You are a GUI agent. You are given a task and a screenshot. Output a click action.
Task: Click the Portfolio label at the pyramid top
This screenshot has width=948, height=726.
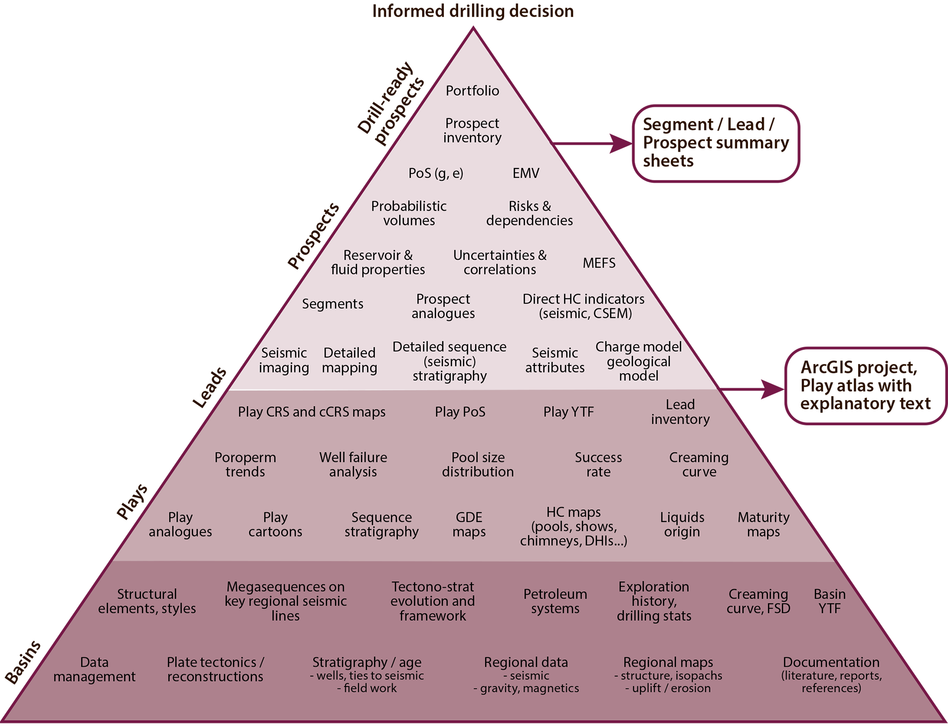(x=472, y=91)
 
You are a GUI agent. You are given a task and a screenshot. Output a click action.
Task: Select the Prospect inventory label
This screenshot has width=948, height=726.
(x=472, y=130)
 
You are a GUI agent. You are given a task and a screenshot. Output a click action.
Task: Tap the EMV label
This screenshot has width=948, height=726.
(x=526, y=173)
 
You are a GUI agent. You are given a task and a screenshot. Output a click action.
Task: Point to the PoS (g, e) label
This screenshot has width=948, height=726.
(x=435, y=173)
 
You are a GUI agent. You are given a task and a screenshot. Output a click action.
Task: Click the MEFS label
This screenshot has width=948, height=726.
(x=599, y=263)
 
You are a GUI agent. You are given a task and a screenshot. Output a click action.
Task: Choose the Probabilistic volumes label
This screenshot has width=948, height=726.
(x=409, y=213)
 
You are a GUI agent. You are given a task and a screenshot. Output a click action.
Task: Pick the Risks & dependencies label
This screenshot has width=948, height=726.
(x=529, y=213)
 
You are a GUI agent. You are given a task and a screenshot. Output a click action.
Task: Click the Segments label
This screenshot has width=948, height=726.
(x=332, y=304)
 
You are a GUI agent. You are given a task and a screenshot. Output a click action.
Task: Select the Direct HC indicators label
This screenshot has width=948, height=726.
(x=584, y=306)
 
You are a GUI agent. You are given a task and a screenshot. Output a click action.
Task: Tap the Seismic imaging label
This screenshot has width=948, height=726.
(x=284, y=360)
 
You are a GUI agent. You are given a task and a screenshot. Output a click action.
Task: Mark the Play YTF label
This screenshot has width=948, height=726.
(x=568, y=412)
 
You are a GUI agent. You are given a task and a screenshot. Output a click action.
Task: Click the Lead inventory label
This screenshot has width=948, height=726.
(x=680, y=412)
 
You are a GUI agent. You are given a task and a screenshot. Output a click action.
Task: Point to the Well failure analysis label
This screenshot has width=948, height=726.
(x=353, y=464)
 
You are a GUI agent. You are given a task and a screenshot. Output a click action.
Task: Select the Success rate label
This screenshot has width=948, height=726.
(x=598, y=464)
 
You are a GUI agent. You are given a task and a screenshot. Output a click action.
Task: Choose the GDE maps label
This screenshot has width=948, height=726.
(x=469, y=524)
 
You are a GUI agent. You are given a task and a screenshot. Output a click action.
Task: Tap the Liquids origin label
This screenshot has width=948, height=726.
(x=682, y=524)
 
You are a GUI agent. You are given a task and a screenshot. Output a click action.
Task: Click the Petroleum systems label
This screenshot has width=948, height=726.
(x=555, y=601)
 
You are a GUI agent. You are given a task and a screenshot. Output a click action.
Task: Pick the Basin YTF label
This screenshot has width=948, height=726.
(x=829, y=601)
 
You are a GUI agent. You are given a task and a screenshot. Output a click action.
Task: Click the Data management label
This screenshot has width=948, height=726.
(x=94, y=669)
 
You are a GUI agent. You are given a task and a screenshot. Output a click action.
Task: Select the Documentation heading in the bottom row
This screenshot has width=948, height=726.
(x=831, y=662)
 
